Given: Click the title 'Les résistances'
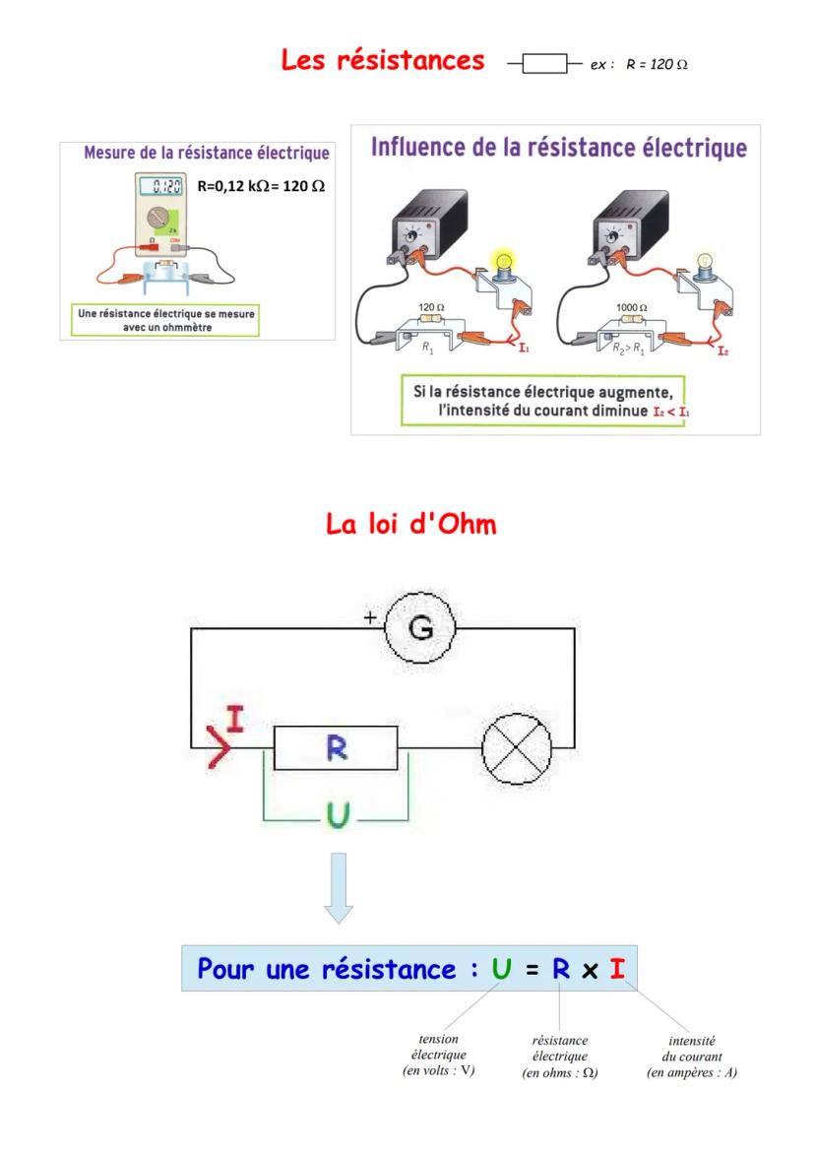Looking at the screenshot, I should click(x=383, y=61).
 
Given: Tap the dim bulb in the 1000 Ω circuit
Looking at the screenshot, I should click(x=705, y=263).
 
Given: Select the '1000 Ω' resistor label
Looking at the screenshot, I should click(x=631, y=307).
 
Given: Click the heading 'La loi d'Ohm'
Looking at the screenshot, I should click(x=410, y=524).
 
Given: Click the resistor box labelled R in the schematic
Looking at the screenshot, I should click(x=336, y=749).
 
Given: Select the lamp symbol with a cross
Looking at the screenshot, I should click(x=516, y=749).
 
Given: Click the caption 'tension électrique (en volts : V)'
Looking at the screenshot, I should click(x=439, y=1055).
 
